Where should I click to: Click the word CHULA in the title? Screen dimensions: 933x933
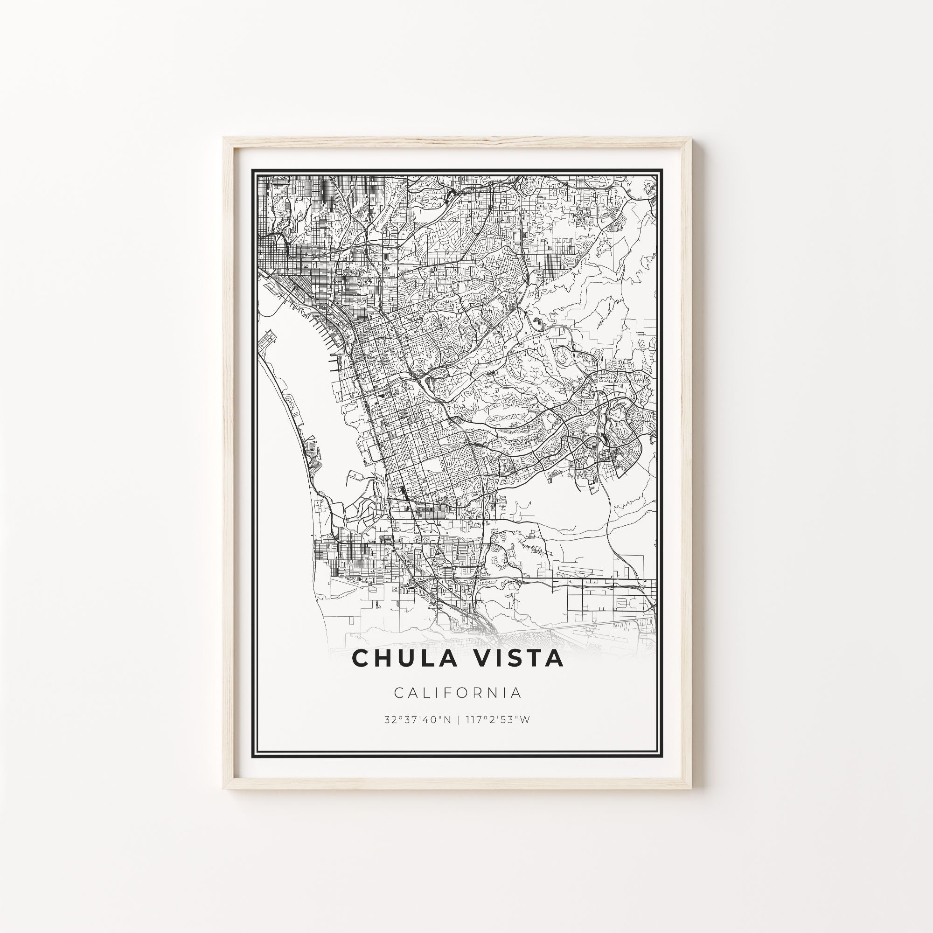point(410,659)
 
